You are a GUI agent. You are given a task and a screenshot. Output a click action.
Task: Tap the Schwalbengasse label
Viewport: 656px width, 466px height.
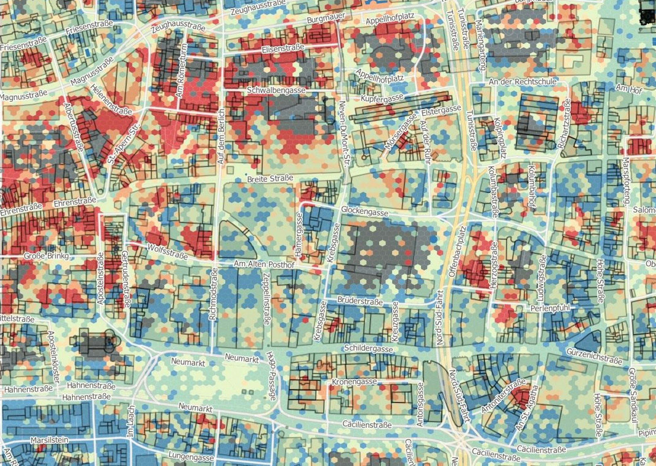[276, 90]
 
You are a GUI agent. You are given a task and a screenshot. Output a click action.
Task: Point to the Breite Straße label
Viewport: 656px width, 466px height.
[270, 178]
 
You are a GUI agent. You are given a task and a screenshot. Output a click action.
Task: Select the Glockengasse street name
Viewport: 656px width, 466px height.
[364, 211]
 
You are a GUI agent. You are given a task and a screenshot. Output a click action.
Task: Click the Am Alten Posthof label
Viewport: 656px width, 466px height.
[264, 264]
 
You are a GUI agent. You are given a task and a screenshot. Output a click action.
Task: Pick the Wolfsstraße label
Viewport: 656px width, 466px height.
[167, 251]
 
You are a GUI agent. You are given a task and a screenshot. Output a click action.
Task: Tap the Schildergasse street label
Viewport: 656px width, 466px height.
[368, 348]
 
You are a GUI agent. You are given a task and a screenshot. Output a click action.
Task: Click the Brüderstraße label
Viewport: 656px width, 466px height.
[360, 301]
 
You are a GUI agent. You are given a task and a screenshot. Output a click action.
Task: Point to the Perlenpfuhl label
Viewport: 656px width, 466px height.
[550, 308]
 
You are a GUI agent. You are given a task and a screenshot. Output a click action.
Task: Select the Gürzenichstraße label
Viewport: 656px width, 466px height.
[594, 357]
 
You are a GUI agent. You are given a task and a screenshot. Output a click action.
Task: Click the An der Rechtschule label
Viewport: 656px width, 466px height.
[522, 82]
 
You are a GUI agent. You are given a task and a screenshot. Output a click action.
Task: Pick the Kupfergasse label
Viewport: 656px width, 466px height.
[382, 98]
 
